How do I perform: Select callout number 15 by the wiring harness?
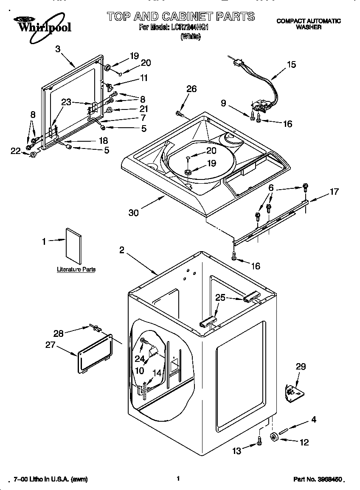[x=291, y=65]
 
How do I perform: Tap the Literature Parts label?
[x=76, y=269]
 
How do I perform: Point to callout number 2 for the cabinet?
[x=121, y=250]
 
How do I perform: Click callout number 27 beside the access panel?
[x=51, y=345]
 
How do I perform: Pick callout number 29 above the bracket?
[x=300, y=367]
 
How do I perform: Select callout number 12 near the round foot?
[x=304, y=442]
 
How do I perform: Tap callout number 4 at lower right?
[x=314, y=420]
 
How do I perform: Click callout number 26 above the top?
[x=191, y=89]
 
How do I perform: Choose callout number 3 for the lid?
[x=58, y=49]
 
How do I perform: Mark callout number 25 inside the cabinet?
[x=220, y=298]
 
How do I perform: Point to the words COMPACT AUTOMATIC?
[x=309, y=21]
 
